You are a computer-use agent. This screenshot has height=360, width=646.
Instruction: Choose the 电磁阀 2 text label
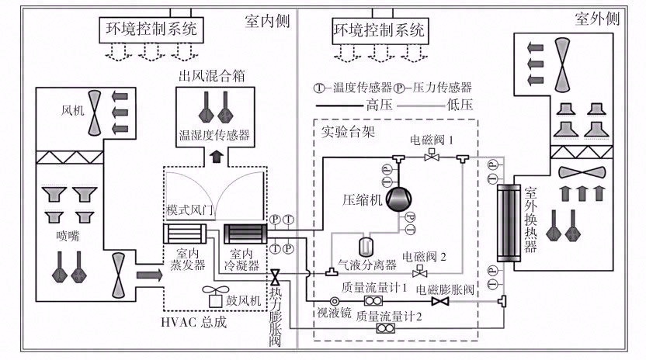coord(425,255)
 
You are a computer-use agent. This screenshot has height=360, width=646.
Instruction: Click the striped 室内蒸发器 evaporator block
coord(185,234)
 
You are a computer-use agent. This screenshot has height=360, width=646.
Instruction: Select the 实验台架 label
coord(348,130)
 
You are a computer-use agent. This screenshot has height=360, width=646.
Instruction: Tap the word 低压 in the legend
coord(458,103)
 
